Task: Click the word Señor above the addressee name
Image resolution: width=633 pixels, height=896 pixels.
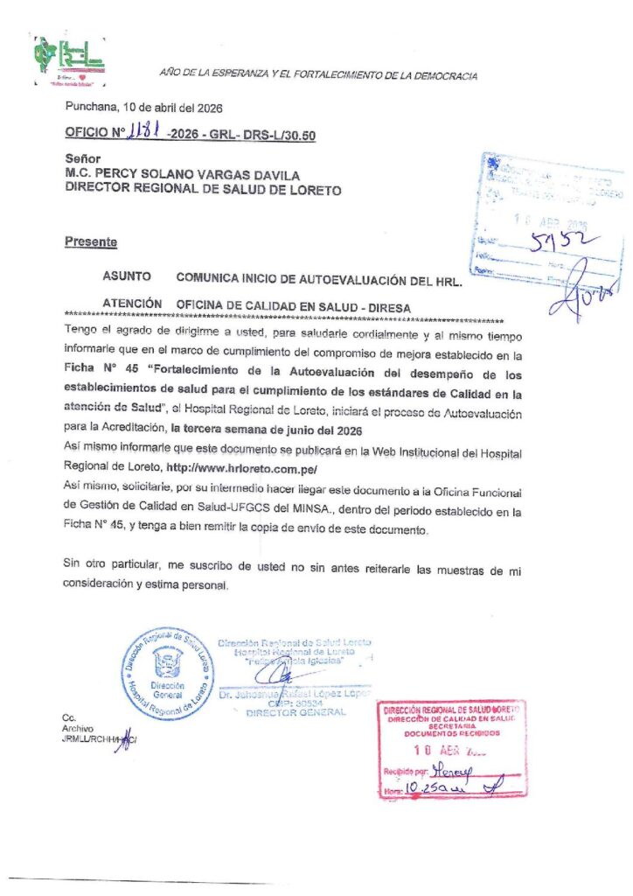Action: pos(82,160)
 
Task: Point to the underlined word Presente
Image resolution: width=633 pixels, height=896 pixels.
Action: pos(91,241)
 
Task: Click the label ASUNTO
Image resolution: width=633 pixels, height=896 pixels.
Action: pos(127,276)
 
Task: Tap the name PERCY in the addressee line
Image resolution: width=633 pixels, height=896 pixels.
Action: pos(121,175)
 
